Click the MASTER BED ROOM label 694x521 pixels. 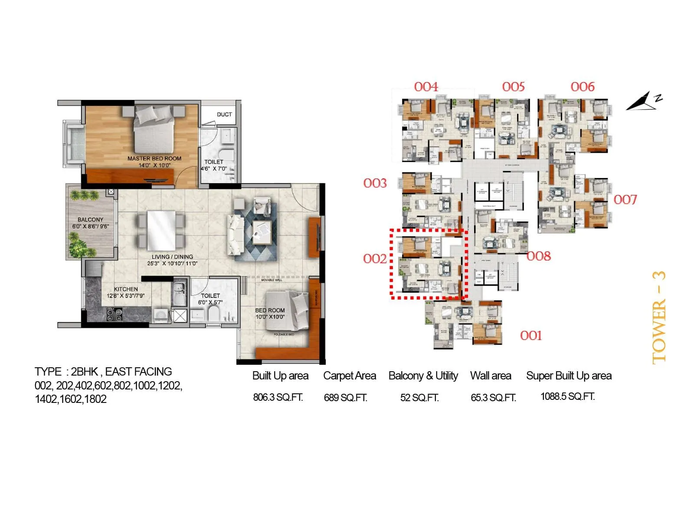154,158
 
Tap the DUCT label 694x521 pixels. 224,114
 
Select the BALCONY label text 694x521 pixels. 90,220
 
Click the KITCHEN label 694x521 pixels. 126,289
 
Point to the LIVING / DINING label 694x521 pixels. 172,257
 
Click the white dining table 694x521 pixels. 161,224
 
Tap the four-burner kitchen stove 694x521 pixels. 115,314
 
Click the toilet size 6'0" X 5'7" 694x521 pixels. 210,302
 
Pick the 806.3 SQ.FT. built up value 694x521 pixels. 278,397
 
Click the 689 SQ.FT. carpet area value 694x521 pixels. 345,398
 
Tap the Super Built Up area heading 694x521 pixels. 569,376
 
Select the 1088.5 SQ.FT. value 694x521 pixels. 567,396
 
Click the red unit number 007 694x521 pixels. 625,200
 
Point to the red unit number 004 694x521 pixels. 426,87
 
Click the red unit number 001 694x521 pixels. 531,336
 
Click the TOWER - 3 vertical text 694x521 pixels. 658,317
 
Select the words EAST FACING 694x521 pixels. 138,372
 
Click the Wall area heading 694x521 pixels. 491,376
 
